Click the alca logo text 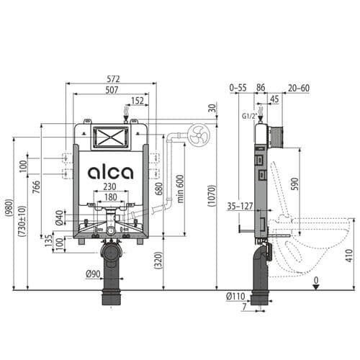(110, 173)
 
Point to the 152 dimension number (137, 101)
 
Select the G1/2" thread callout (247, 114)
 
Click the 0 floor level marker (316, 279)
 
